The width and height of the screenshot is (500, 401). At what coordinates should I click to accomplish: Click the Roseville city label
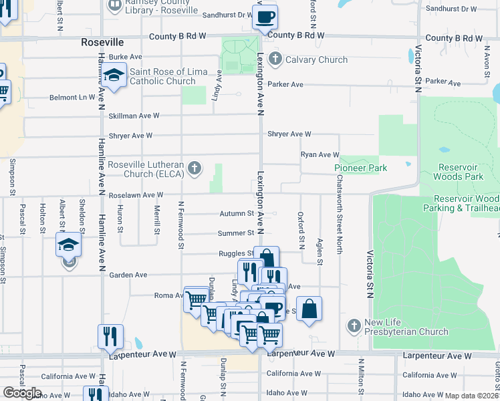[102, 41]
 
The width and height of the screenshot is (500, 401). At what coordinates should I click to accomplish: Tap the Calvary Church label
[316, 59]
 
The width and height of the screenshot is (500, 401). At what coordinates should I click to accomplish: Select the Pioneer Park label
[361, 168]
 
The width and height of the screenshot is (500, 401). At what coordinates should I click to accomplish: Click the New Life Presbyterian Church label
[406, 327]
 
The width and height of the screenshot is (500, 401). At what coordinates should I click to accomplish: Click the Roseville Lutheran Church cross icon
[195, 167]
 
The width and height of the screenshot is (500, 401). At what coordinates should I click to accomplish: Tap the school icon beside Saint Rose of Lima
[114, 76]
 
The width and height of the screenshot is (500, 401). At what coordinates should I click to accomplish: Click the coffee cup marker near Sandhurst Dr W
[265, 17]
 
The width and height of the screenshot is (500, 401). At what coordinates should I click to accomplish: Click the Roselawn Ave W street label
[136, 194]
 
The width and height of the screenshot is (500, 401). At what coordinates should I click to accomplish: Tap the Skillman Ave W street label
[134, 116]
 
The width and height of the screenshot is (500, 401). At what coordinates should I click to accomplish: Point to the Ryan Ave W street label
[320, 154]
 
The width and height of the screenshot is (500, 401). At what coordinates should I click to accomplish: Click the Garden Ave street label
[128, 275]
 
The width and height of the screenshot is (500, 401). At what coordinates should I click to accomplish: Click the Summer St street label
[236, 233]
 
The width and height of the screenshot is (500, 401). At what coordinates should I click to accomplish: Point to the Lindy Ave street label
[217, 86]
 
